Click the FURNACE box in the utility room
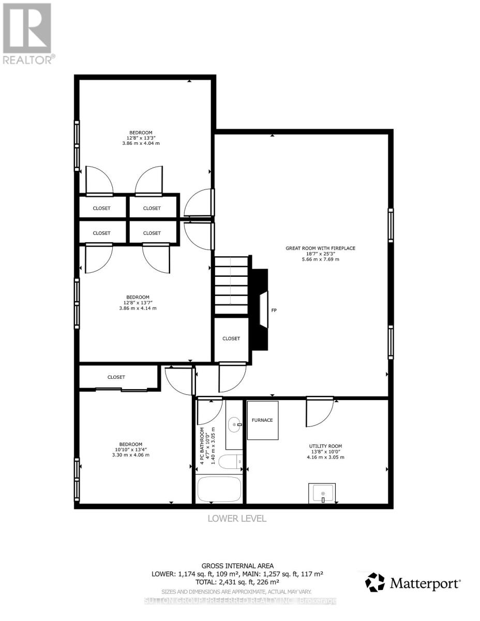(x=262, y=420)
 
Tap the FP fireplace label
(x=274, y=310)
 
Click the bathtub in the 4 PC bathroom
(x=219, y=489)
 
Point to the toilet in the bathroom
(x=231, y=461)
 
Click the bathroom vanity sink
(x=236, y=425)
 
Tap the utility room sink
(x=322, y=493)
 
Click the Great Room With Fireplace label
(x=321, y=248)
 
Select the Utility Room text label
(x=325, y=446)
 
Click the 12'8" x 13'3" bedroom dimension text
(x=141, y=138)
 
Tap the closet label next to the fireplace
(x=231, y=338)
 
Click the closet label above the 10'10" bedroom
(x=116, y=377)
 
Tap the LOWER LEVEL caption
(x=237, y=519)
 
